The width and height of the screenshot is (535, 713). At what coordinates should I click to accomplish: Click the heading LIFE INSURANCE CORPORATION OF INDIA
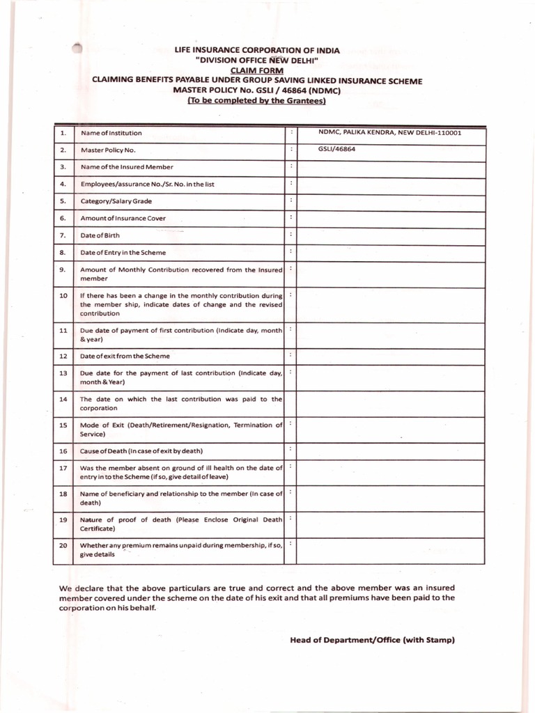click(x=256, y=51)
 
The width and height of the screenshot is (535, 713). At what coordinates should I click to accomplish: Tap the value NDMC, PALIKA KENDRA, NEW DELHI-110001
click(x=389, y=132)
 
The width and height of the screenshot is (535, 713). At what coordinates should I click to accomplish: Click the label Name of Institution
click(x=111, y=133)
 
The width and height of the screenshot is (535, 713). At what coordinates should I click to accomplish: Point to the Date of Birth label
click(x=100, y=235)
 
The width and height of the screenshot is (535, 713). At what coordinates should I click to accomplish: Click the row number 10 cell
click(x=63, y=296)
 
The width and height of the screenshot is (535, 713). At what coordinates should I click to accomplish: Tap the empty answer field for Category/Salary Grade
click(x=391, y=201)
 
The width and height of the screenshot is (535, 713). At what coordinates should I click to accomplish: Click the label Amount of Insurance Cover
click(x=123, y=218)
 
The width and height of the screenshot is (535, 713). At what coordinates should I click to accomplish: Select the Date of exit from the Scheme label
click(x=125, y=356)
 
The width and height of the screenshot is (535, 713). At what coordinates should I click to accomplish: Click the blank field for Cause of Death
click(x=391, y=451)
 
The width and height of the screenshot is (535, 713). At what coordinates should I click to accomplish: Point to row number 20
click(x=63, y=545)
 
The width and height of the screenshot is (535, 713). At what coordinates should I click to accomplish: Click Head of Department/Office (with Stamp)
click(x=372, y=640)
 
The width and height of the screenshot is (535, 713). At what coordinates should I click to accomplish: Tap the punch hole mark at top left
click(x=77, y=47)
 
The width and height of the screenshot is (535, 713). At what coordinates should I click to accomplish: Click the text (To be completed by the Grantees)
click(x=256, y=100)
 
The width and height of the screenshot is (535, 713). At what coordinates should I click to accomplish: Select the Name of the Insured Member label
click(x=127, y=167)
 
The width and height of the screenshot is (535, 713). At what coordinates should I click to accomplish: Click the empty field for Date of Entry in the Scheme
click(x=391, y=253)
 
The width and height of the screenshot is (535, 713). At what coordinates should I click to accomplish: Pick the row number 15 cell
click(x=63, y=425)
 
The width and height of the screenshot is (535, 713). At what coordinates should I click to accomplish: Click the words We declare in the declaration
click(x=78, y=588)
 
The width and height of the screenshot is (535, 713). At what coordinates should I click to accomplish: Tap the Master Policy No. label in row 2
click(x=109, y=150)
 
